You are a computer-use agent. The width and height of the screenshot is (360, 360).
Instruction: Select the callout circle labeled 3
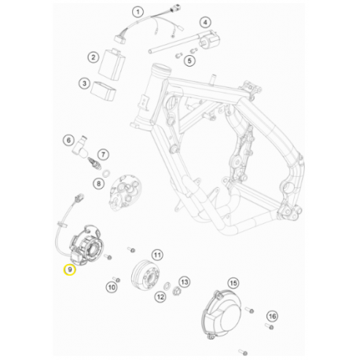[83, 83]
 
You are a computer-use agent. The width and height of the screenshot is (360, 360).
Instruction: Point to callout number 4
[206, 23]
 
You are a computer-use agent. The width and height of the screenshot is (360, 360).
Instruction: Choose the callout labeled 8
[98, 183]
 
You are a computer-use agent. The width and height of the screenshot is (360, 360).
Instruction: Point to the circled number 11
[157, 255]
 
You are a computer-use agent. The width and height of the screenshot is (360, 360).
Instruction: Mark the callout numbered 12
[160, 296]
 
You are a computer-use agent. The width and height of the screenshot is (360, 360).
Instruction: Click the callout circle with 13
[185, 281]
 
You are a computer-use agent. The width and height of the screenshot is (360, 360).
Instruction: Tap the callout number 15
[233, 283]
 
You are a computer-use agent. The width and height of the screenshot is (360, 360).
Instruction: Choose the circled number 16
[272, 316]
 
